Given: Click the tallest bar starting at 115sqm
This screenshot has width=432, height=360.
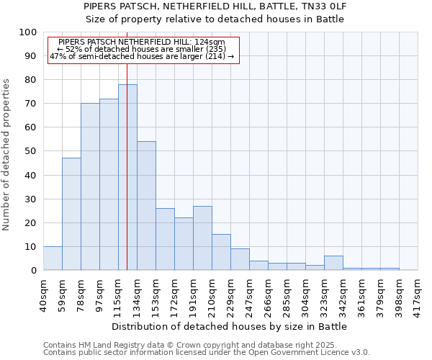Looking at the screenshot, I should tap(127, 177).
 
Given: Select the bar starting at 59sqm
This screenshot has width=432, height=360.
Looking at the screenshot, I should tap(71, 214).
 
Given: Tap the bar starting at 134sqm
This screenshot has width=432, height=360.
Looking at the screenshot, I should tap(146, 206).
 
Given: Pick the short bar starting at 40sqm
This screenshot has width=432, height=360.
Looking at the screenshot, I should tap(53, 258).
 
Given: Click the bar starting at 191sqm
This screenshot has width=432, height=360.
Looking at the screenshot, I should tap(202, 238).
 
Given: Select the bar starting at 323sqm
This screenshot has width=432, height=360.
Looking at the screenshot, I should tap(333, 263).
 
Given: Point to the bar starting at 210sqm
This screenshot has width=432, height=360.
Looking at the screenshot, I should tap(221, 252).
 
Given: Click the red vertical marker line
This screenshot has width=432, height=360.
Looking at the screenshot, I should tap(127, 144).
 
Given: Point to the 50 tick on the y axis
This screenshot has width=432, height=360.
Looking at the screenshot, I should tap(30, 151).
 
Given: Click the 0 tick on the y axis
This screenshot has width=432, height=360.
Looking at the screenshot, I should tap(33, 270).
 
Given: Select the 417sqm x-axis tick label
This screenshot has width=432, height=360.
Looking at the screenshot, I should tap(418, 295).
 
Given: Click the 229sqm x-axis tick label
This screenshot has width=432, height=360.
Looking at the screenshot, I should tap(230, 295).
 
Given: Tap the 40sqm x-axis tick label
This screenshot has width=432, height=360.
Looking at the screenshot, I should tap(43, 295).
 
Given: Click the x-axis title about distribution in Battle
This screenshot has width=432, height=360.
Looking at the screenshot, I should tap(230, 326).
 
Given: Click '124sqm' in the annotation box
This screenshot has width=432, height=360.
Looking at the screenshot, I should tap(210, 42).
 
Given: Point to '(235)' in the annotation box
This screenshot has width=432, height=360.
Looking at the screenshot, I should tap(188, 49).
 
